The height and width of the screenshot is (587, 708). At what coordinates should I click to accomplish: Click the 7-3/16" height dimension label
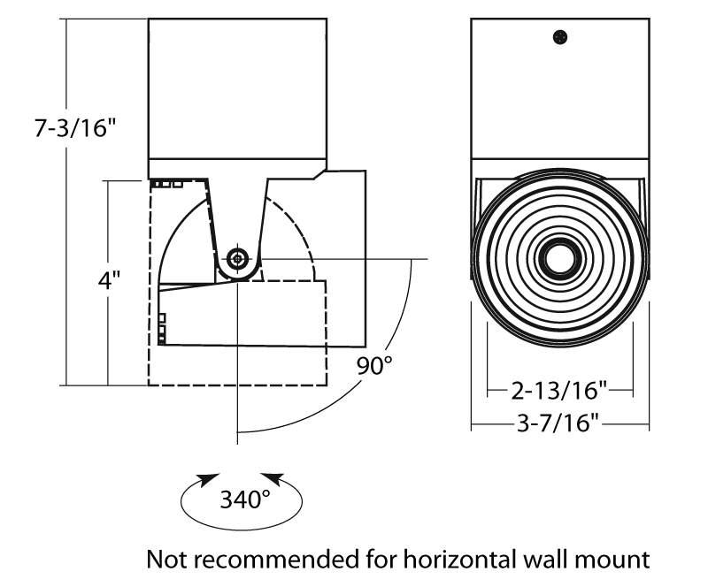75,129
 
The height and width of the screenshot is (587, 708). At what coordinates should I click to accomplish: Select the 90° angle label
374,365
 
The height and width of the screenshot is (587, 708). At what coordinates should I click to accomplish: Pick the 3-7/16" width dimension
560,425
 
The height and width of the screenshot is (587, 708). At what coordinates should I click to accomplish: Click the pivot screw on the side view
237,260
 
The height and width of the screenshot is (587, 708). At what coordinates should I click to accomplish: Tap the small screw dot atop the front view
559,36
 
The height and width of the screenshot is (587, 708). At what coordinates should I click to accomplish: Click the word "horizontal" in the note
449,559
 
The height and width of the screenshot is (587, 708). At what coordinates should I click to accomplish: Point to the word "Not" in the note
165,559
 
